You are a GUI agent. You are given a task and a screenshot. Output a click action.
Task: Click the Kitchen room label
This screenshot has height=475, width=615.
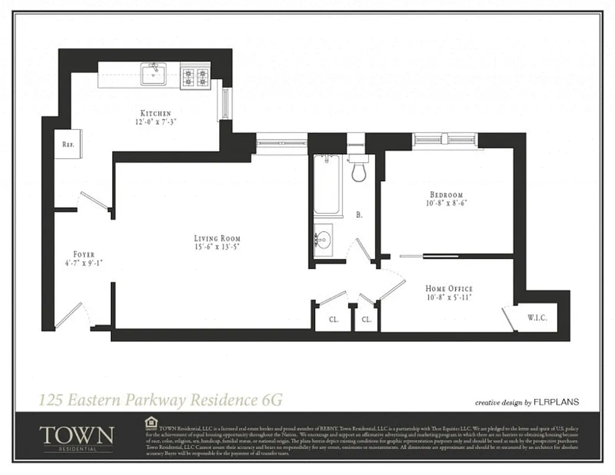pyautogui.click(x=156, y=113)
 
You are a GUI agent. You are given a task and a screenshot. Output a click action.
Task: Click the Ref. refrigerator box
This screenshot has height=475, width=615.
pyautogui.click(x=68, y=144)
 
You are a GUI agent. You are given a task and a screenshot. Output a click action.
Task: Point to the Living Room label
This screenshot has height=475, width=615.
pyautogui.click(x=217, y=238)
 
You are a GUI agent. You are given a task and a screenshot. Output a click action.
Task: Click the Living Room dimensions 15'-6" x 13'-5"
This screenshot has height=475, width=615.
pyautogui.click(x=217, y=246)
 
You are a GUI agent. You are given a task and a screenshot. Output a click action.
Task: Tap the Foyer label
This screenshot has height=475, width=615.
pyautogui.click(x=84, y=254)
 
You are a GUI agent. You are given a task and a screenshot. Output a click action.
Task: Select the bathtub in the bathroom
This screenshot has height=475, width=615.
pyautogui.click(x=327, y=185)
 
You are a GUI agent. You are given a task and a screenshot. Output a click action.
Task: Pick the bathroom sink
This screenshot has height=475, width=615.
pyautogui.click(x=322, y=240)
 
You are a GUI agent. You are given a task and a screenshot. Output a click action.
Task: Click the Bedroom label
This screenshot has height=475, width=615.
pyautogui.click(x=446, y=194)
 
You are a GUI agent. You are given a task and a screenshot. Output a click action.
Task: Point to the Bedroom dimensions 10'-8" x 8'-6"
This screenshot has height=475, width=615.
pyautogui.click(x=446, y=202)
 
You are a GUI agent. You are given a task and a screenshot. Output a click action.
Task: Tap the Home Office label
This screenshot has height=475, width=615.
pyautogui.click(x=449, y=289)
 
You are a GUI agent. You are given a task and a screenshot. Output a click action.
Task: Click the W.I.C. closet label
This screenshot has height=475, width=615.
pyautogui.click(x=537, y=318)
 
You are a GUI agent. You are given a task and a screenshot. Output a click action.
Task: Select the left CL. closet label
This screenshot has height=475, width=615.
pyautogui.click(x=334, y=319)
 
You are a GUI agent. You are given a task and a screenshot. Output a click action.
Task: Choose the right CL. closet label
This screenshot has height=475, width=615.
pyautogui.click(x=366, y=319)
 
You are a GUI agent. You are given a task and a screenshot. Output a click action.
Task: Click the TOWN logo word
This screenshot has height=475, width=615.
pyautogui.click(x=76, y=435)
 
